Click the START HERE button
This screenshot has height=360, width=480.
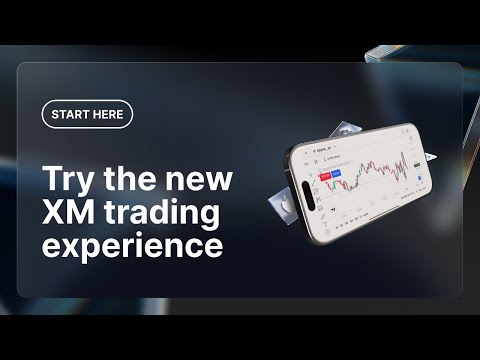[87, 114]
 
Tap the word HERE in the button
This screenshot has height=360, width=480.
[109, 114]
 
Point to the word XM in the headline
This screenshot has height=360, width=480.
[67, 213]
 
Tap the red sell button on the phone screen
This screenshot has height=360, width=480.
[326, 175]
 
